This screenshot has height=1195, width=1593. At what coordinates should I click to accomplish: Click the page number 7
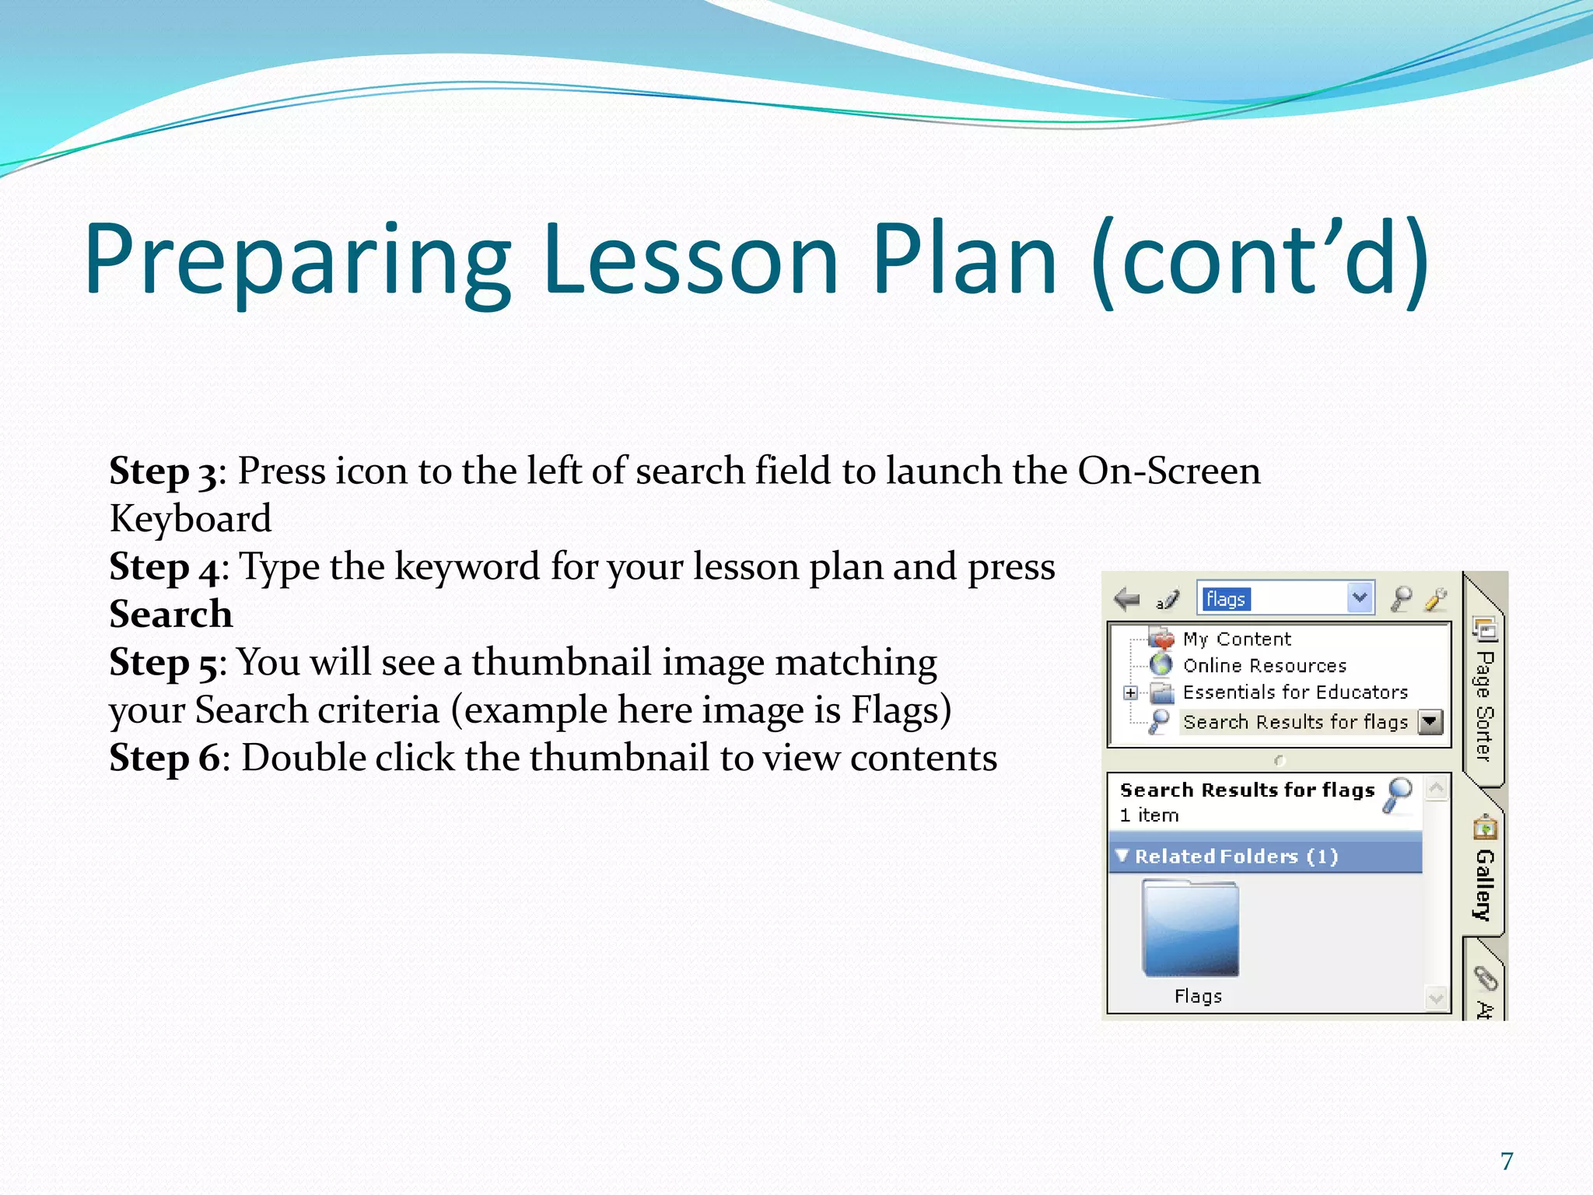coord(1507,1161)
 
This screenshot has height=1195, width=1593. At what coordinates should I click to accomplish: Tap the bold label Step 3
coord(163,471)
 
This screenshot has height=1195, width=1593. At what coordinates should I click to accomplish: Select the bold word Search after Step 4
coord(171,615)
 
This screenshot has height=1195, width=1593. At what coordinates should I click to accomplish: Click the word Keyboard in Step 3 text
coord(191,519)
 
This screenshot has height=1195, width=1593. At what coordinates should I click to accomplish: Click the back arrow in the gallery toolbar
coord(1126,599)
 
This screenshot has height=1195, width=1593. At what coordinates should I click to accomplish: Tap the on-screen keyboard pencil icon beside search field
coord(1168,599)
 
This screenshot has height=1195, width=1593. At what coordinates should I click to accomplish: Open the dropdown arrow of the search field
coord(1360,598)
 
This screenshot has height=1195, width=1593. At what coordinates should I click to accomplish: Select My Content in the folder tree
coord(1236,640)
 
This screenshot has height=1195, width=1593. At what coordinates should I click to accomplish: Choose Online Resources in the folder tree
coord(1264,666)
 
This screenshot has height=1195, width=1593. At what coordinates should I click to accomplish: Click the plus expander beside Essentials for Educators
coord(1131,692)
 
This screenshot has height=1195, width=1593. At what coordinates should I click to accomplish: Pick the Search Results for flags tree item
coord(1295,722)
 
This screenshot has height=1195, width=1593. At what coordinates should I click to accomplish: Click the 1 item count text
coord(1149,815)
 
